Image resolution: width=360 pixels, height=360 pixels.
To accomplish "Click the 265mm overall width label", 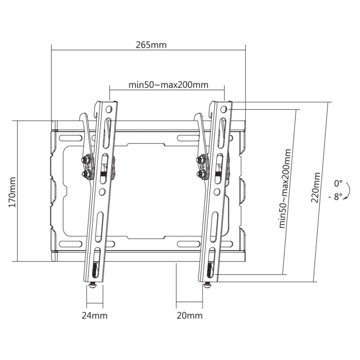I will click(x=151, y=45).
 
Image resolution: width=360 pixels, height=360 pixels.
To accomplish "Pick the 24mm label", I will click(x=94, y=315).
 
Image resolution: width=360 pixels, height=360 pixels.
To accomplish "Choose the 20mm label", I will click(x=189, y=315).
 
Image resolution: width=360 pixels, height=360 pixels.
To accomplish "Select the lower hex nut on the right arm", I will click(x=200, y=172).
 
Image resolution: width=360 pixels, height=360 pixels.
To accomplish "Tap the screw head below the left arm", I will click(x=93, y=285).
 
